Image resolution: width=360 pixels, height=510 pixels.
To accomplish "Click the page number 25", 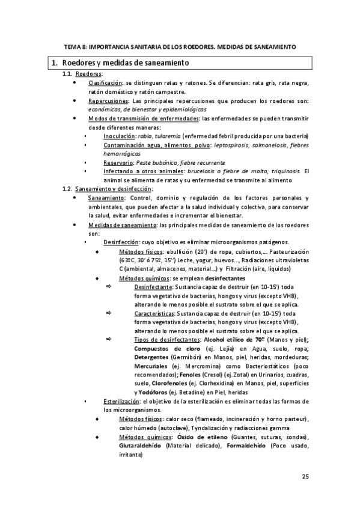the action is (x=305, y=477).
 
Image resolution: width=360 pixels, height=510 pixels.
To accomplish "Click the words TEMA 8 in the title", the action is (x=75, y=46).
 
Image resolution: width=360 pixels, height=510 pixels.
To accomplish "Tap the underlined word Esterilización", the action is (x=121, y=401).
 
